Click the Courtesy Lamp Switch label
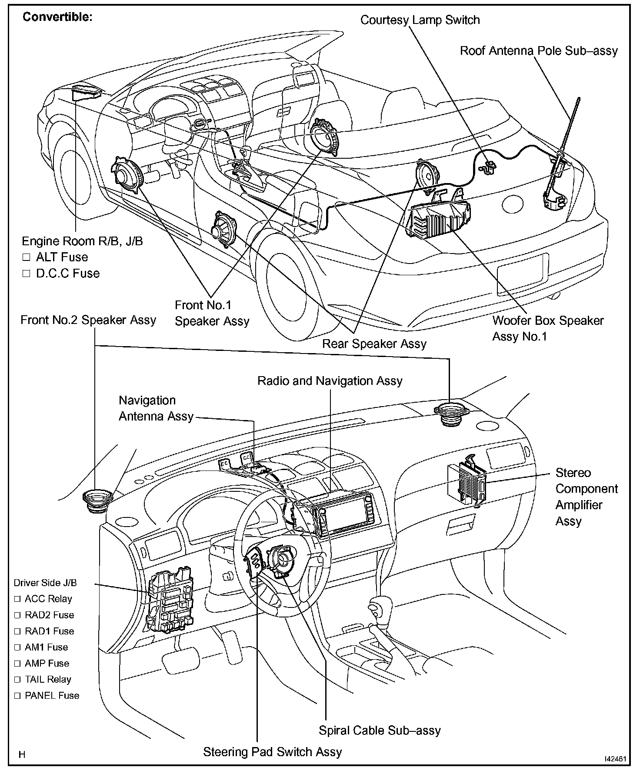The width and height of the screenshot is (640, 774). pyautogui.click(x=420, y=20)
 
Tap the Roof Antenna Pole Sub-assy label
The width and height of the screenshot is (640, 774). pyautogui.click(x=539, y=51)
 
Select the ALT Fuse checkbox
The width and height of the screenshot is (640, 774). pyautogui.click(x=27, y=257)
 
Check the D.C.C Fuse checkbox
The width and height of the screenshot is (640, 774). pyautogui.click(x=27, y=274)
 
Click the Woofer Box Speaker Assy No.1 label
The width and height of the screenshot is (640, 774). pyautogui.click(x=547, y=328)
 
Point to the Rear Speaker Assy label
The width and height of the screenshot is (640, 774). pyautogui.click(x=374, y=344)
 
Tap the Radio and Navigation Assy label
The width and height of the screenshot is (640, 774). pyautogui.click(x=330, y=381)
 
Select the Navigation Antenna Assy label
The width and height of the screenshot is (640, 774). pyautogui.click(x=156, y=408)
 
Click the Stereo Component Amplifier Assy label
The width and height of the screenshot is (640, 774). pyautogui.click(x=586, y=497)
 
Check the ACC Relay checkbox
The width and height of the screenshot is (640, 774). pyautogui.click(x=17, y=599)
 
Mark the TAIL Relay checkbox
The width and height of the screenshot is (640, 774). pyautogui.click(x=17, y=680)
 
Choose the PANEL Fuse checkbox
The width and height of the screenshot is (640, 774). pyautogui.click(x=17, y=696)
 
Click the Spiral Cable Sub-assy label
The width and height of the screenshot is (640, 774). pyautogui.click(x=380, y=730)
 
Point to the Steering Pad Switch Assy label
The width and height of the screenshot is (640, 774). pyautogui.click(x=273, y=752)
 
